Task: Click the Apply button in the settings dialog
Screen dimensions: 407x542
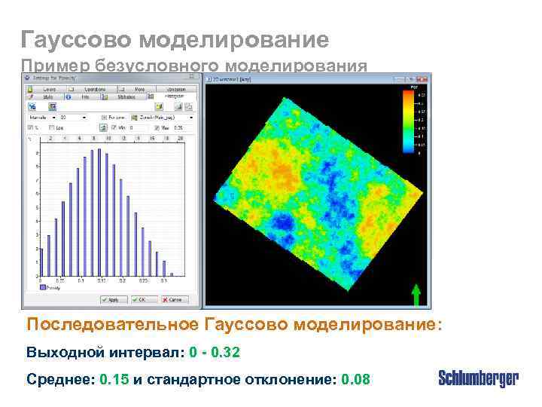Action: [x=111, y=300]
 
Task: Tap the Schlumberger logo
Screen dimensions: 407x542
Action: [x=478, y=378]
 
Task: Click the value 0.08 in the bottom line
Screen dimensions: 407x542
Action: [x=355, y=379]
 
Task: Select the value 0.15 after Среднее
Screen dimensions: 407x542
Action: [x=114, y=379]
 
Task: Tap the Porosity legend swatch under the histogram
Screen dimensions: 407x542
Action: [x=44, y=286]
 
